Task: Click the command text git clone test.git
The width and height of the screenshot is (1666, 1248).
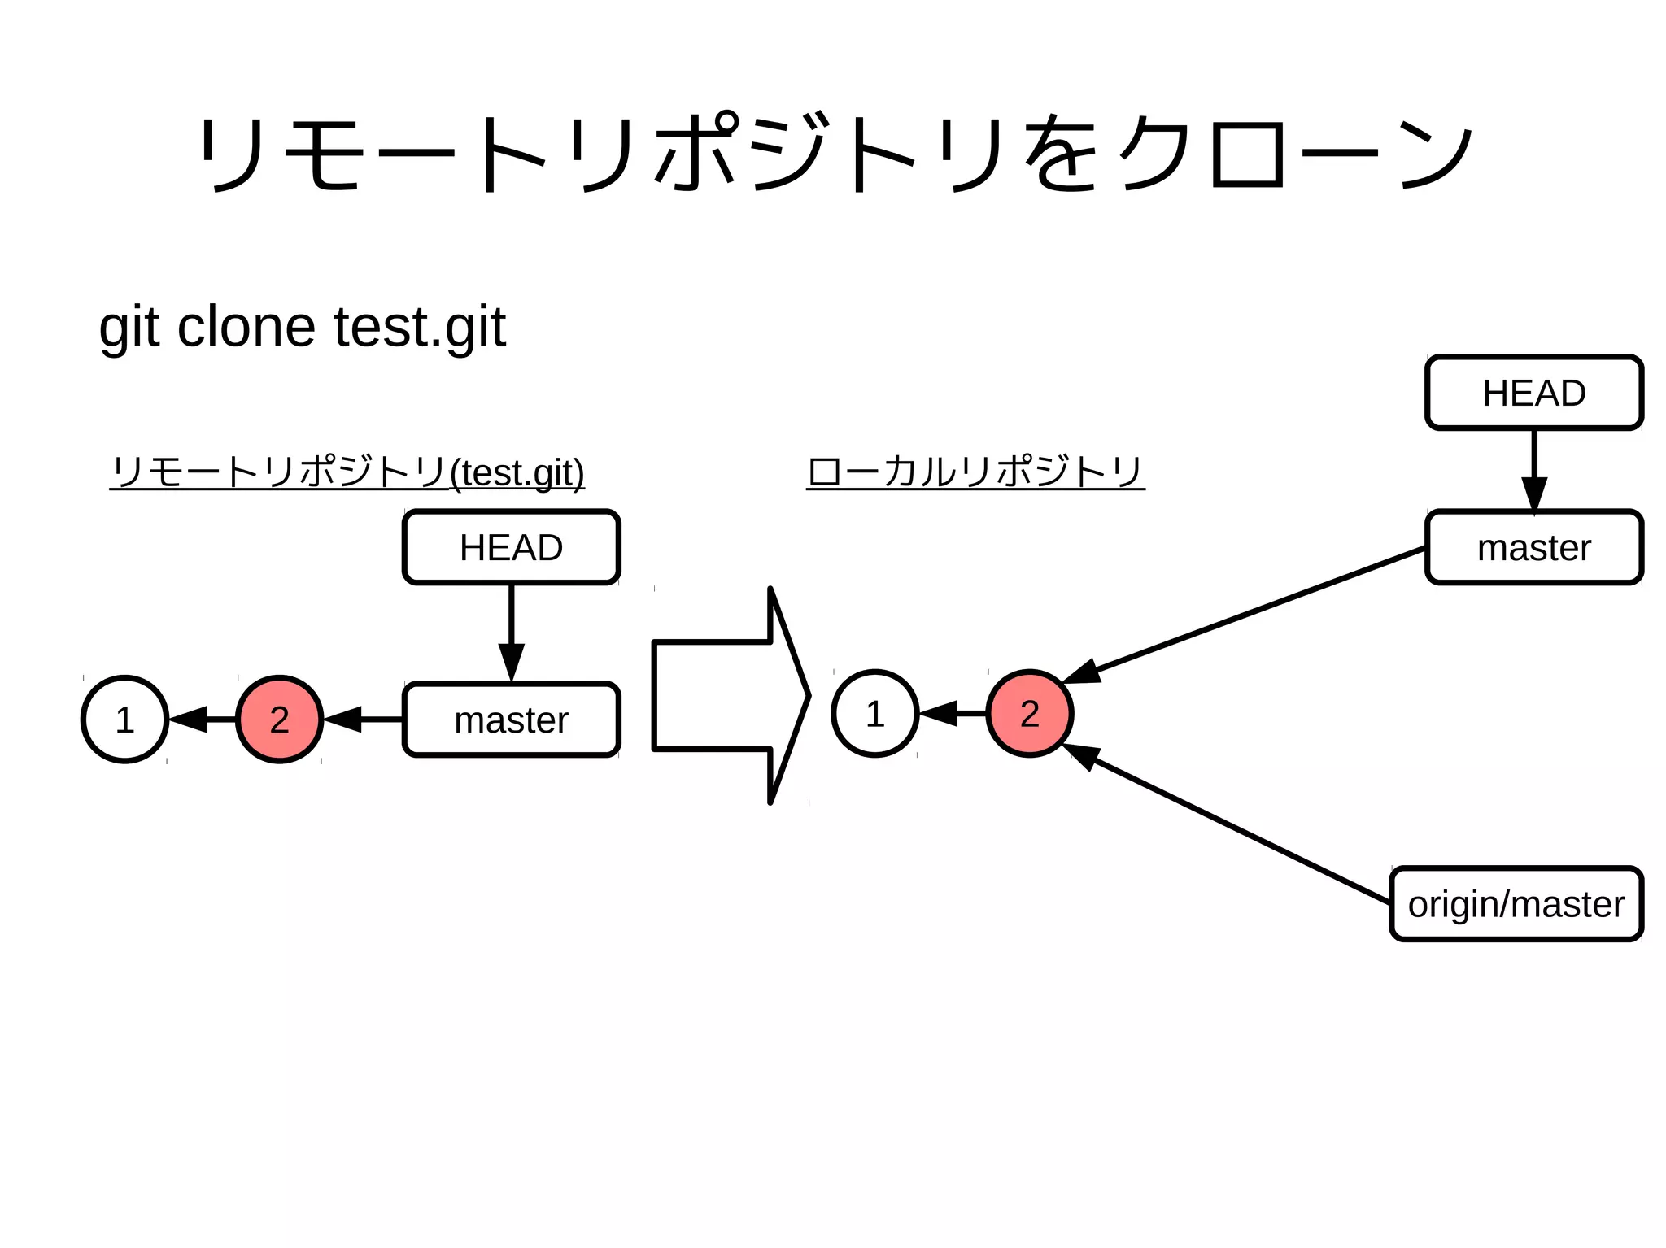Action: tap(302, 327)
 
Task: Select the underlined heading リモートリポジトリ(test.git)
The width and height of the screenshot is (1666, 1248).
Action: tap(347, 472)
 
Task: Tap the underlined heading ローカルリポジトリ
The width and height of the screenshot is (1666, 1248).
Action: tap(975, 472)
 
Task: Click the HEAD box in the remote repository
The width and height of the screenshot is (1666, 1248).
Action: tap(511, 547)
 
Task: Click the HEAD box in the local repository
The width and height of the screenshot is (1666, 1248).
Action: tap(1533, 393)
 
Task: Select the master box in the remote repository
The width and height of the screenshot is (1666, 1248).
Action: tap(511, 720)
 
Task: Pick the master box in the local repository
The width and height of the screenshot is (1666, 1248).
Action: tap(1533, 547)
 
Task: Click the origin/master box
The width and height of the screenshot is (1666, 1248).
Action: tap(1516, 904)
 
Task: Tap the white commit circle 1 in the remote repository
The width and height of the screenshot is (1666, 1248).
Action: tap(124, 720)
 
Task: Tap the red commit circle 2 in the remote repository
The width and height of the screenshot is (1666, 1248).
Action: tap(279, 720)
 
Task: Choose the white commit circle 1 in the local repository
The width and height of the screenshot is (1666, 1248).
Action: tap(874, 714)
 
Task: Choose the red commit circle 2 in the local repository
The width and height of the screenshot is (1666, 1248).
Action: tap(1029, 714)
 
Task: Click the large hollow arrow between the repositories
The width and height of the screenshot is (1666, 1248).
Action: tap(724, 696)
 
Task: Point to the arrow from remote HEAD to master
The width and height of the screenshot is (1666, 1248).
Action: tap(511, 630)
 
